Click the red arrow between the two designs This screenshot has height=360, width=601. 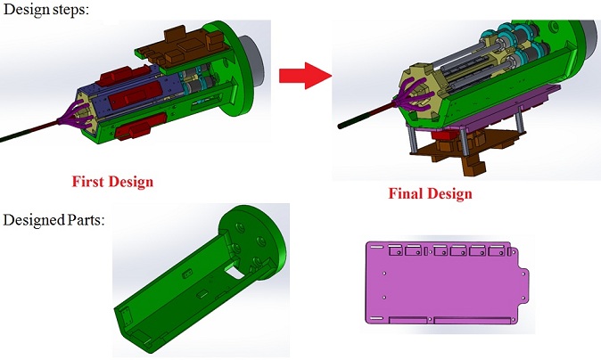(305, 76)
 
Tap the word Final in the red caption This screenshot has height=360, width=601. (405, 193)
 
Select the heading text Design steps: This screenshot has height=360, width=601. (45, 9)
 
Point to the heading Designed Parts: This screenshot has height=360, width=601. (54, 220)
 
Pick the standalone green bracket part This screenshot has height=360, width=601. (200, 279)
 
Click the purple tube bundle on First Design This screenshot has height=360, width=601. (75, 116)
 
